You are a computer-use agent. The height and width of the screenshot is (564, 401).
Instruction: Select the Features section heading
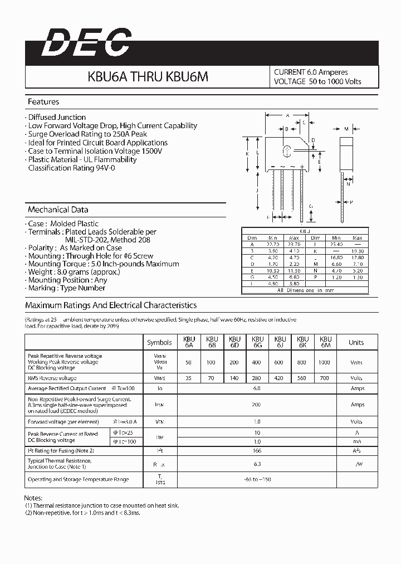coord(43,102)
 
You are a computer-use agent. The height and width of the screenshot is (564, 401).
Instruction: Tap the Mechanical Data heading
coord(58,210)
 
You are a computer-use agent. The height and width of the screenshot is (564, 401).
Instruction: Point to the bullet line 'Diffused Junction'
coord(57,118)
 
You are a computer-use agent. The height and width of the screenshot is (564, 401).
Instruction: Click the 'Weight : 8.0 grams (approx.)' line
coord(66,272)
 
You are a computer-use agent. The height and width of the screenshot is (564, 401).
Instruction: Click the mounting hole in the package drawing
coord(287,151)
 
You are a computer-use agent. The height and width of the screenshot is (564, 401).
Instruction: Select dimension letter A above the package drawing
coord(287,115)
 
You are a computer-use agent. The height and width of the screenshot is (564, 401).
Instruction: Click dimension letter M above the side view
coord(345,129)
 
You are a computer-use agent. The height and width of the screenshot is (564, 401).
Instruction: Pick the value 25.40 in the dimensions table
coord(336,244)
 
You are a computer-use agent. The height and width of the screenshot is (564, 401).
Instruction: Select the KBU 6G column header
coord(257,342)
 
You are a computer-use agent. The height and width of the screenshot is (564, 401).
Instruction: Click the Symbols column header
coord(160,342)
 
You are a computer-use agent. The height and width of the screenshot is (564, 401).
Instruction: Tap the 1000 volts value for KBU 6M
coord(325,362)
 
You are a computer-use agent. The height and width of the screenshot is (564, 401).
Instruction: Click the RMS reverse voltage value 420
coord(280,377)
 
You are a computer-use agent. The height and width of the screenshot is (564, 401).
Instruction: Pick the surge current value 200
coord(257,405)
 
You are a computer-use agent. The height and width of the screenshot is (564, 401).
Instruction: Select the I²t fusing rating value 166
coord(257,450)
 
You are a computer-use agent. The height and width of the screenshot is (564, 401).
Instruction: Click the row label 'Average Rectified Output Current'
coord(67,388)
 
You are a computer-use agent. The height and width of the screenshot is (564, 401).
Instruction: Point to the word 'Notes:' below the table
coord(34,497)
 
